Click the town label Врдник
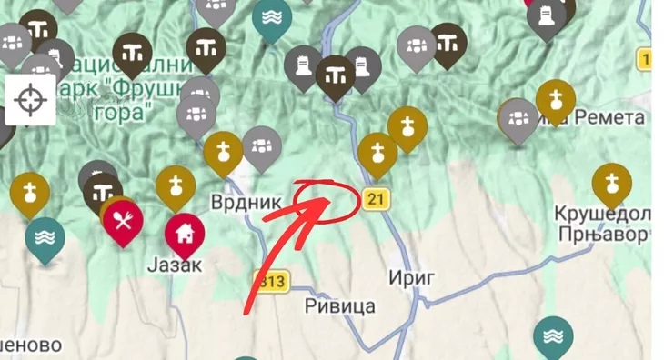pyautogui.click(x=246, y=202)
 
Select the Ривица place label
pyautogui.click(x=339, y=306)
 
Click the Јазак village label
pyautogui.click(x=172, y=266)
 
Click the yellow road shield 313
pyautogui.click(x=272, y=282)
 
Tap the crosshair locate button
pyautogui.click(x=30, y=98)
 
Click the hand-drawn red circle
pyautogui.click(x=327, y=198)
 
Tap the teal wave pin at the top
pyautogui.click(x=272, y=17)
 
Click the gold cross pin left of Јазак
pyautogui.click(x=30, y=191)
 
